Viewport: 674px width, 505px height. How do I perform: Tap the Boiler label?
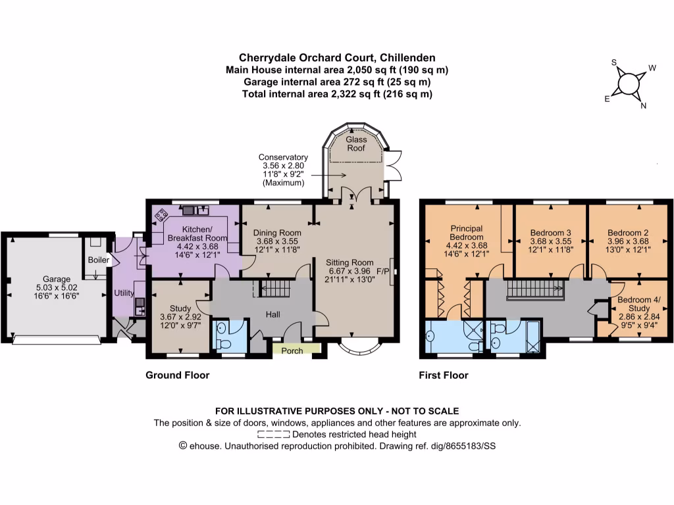(98, 260)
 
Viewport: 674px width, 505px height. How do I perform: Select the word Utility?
(124, 293)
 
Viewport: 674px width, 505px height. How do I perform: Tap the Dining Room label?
(277, 233)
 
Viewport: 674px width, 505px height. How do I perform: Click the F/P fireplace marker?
(383, 271)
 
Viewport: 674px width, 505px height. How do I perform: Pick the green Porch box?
(292, 350)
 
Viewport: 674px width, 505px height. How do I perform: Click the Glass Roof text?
(356, 143)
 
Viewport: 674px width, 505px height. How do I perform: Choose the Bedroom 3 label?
(550, 233)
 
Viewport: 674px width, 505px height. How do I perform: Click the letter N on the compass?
(644, 107)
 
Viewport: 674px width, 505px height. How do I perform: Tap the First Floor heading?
(444, 375)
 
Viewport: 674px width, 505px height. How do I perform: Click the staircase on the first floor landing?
(535, 289)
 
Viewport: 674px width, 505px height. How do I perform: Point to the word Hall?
(273, 315)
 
